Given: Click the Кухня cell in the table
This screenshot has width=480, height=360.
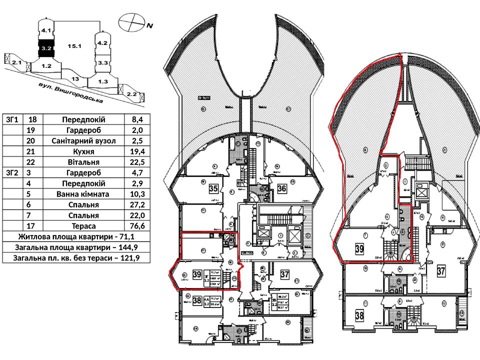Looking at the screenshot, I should (83, 151).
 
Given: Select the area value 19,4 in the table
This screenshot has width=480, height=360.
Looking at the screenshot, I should (137, 151).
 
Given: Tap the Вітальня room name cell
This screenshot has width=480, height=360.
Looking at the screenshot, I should (83, 162).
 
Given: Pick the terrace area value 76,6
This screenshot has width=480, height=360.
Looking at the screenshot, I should (137, 226).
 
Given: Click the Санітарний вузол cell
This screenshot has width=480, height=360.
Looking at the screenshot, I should (83, 141).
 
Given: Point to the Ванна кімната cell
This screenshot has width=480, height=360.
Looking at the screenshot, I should (83, 194).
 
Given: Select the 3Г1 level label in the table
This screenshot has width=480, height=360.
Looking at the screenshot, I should (12, 120).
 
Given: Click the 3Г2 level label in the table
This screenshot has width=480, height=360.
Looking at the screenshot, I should (12, 173).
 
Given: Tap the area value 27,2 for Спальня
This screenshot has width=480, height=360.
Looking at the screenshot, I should (137, 205).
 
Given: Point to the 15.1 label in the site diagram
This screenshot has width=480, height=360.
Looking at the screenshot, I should (75, 46).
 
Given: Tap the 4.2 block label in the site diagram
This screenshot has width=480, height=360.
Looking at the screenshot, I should (102, 43).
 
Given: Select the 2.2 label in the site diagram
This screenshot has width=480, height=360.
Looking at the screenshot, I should (132, 93).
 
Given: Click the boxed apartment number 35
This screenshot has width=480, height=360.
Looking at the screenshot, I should (213, 189).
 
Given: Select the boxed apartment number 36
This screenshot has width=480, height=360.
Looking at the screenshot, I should (281, 188).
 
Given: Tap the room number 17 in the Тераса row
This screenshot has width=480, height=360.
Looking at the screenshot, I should (32, 226).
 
